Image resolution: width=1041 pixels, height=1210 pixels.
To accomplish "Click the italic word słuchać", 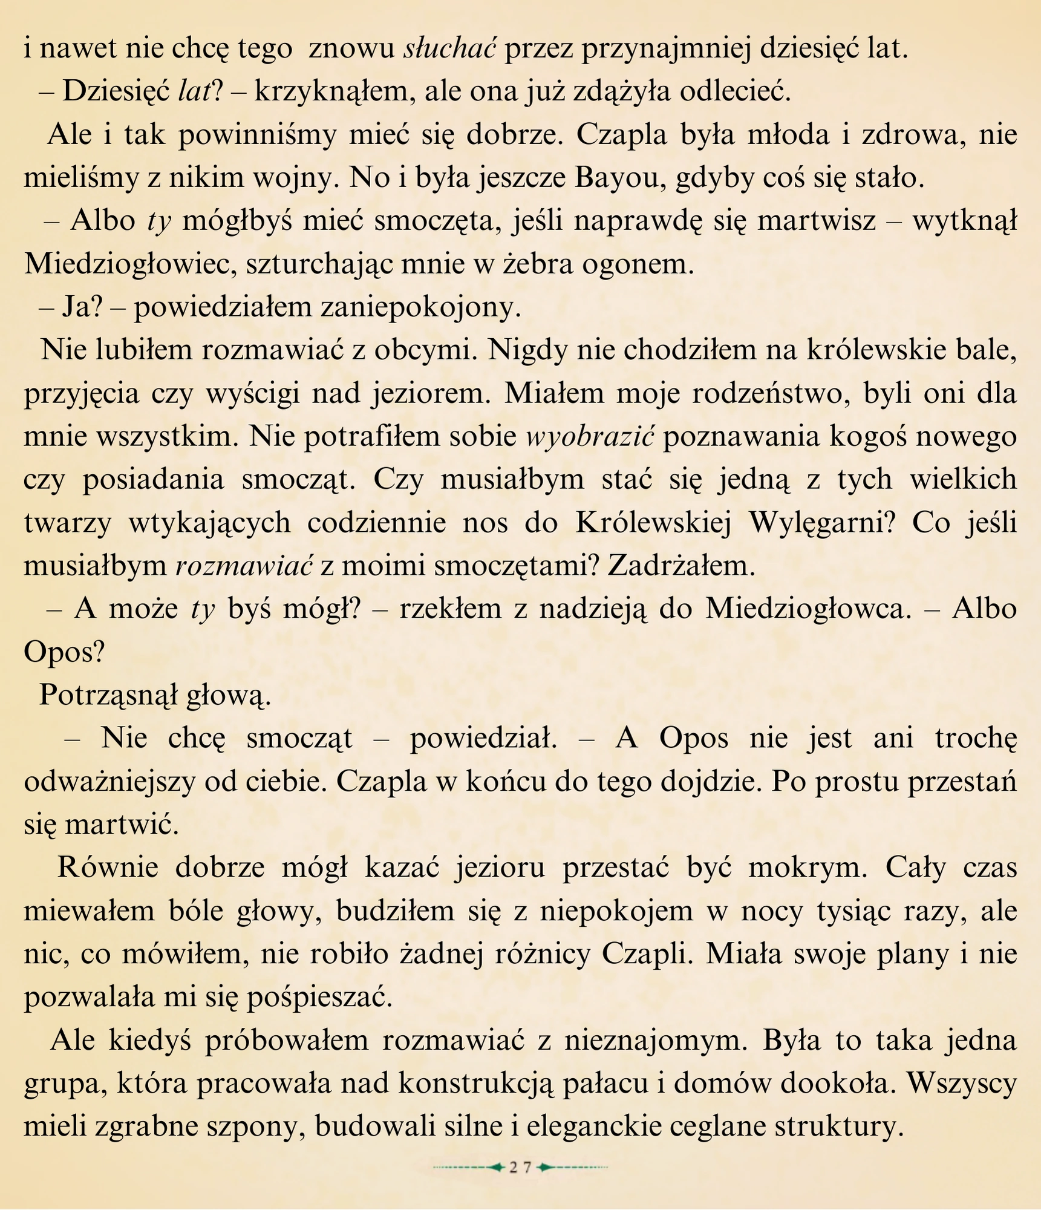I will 450,48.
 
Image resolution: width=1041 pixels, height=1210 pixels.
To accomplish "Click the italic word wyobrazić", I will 590,437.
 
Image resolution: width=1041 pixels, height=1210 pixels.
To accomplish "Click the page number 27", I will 520,1168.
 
